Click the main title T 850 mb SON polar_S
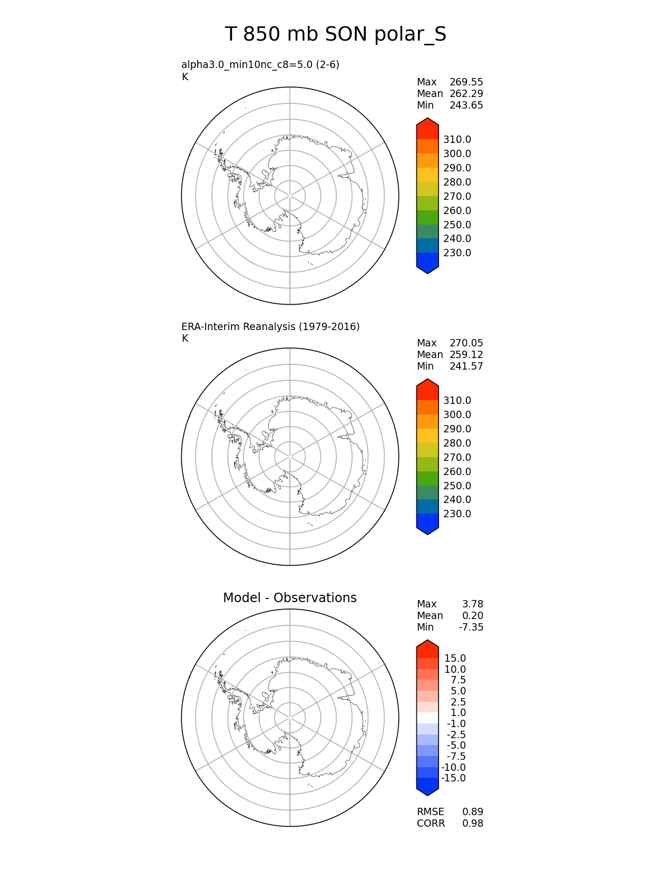pos(336,35)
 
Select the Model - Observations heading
pos(289,598)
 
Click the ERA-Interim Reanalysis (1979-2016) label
pos(270,327)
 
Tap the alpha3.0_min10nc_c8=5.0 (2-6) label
pos(260,65)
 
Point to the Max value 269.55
pos(466,82)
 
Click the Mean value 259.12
pos(466,355)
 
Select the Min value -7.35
pos(471,627)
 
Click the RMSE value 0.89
pos(473,812)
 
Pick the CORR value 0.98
pos(473,824)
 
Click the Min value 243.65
pos(466,105)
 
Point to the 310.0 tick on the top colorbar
pos(457,140)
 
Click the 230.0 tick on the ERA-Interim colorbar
pos(457,514)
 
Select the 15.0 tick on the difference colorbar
pos(455,659)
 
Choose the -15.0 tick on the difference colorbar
pos(453,778)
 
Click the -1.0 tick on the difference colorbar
pos(456,724)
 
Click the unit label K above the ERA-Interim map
pos(185,339)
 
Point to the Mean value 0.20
pos(473,616)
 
